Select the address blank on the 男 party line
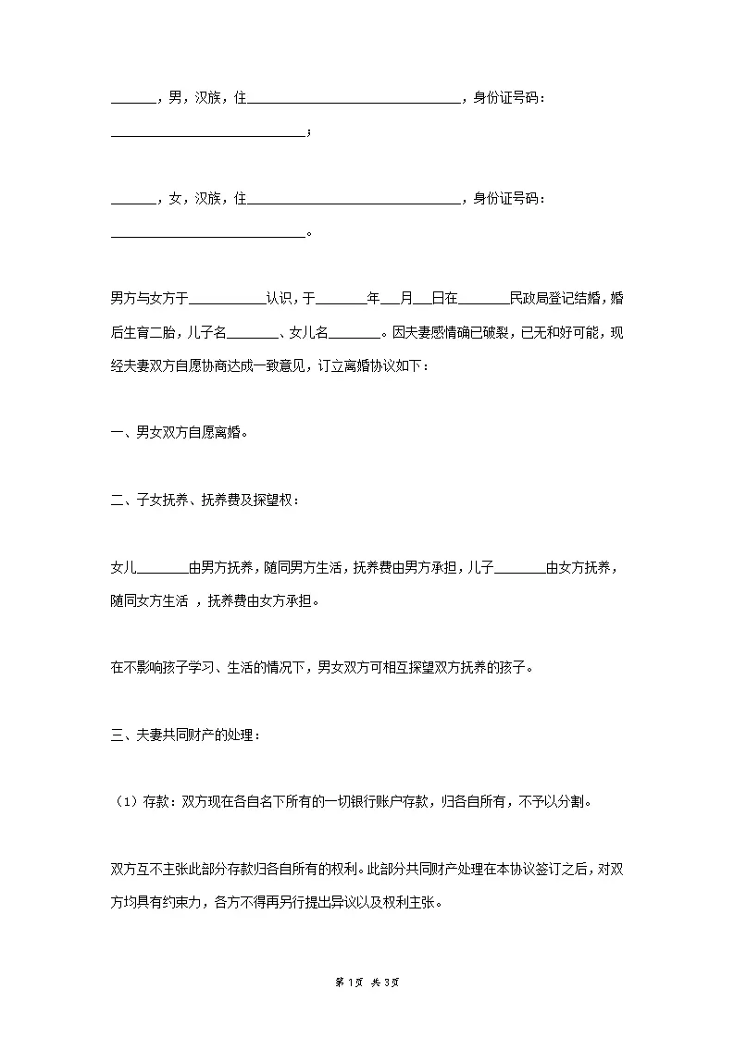point(354,98)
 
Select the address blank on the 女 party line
point(354,198)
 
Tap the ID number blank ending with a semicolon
point(207,132)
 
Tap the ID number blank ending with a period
point(207,232)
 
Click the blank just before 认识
point(227,299)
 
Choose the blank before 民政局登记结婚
point(483,299)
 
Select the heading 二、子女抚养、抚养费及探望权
point(205,500)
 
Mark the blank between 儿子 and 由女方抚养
point(520,567)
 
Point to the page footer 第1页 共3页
point(367,982)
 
